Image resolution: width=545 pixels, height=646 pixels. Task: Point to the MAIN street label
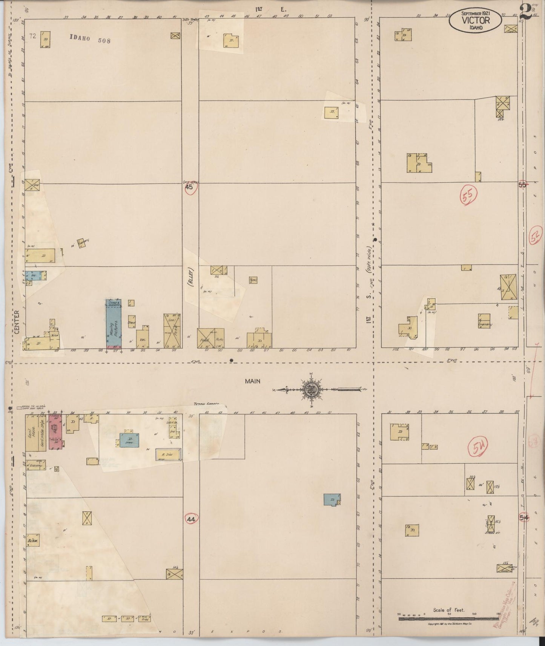tap(252, 381)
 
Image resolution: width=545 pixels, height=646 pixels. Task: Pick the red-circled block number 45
tap(189, 187)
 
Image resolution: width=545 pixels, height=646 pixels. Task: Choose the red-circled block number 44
tap(191, 519)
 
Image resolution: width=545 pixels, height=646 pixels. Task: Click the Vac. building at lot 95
tap(143, 338)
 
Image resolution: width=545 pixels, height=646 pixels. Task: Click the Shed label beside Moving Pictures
tap(131, 323)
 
